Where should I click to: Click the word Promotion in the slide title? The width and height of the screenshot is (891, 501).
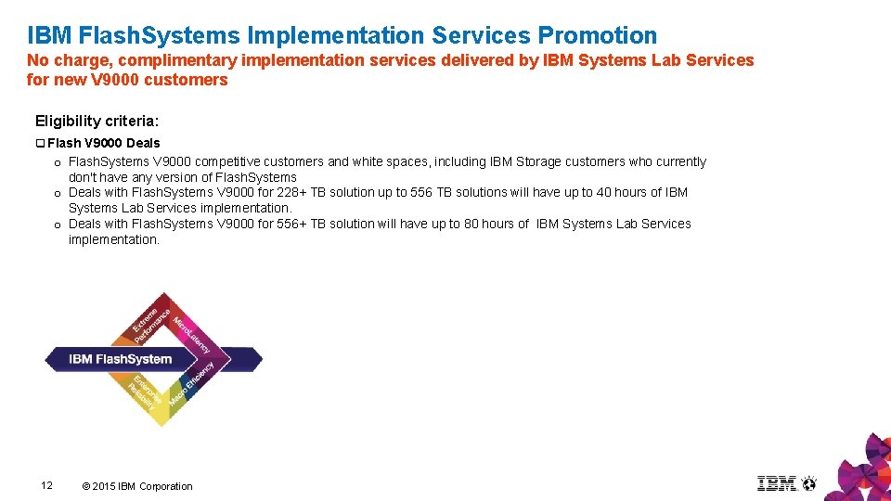[x=597, y=36]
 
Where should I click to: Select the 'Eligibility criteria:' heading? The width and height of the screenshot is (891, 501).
[x=97, y=121]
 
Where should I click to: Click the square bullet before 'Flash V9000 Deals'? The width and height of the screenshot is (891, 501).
[x=40, y=143]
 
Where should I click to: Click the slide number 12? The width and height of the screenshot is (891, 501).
[x=47, y=485]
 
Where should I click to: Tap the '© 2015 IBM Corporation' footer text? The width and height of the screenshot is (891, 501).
[x=137, y=486]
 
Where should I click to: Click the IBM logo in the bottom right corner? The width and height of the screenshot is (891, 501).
[x=777, y=483]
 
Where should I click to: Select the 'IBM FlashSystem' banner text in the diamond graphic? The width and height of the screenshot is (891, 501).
[x=121, y=359]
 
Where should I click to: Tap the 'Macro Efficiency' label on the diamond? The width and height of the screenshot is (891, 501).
[x=192, y=384]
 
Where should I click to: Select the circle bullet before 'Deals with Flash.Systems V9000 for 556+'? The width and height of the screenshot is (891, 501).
[x=58, y=225]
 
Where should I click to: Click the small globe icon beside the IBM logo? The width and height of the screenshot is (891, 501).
[x=809, y=483]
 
